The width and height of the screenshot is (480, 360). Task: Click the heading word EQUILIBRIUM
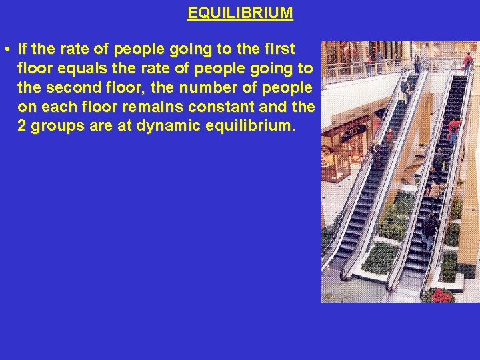[240, 13]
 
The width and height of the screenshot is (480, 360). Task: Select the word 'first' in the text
[279, 49]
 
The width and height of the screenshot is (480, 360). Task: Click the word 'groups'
[55, 127]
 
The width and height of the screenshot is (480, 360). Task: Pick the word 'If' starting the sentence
[23, 49]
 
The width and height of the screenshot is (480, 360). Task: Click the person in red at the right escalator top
[467, 61]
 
